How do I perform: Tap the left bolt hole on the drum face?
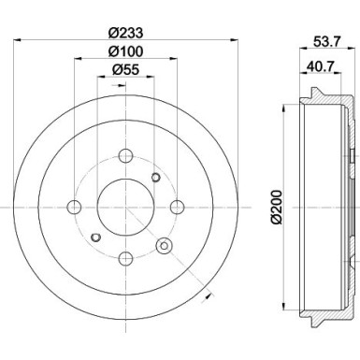(74, 207)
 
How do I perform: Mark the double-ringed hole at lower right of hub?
(165, 246)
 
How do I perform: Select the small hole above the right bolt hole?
(155, 178)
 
